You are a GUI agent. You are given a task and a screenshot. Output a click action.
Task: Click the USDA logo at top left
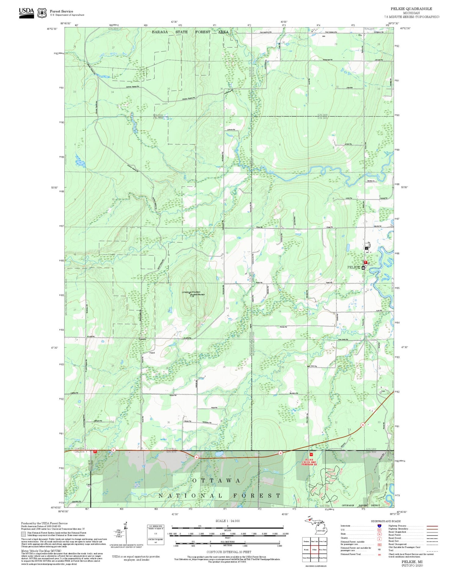tap(26, 13)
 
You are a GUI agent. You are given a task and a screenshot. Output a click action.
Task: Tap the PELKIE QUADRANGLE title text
tap(411, 9)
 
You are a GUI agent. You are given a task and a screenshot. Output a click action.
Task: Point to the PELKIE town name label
tap(354, 267)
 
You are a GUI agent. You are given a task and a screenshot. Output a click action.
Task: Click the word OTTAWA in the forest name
tap(216, 481)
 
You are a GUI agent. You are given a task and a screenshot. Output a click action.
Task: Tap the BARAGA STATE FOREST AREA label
tap(190, 32)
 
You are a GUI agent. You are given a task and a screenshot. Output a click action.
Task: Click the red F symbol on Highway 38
tap(95, 451)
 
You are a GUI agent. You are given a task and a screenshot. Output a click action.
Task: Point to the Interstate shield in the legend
tap(379, 526)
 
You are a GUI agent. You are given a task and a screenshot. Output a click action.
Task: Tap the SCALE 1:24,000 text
tap(227, 521)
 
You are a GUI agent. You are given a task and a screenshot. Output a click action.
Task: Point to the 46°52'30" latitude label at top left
tap(52, 29)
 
